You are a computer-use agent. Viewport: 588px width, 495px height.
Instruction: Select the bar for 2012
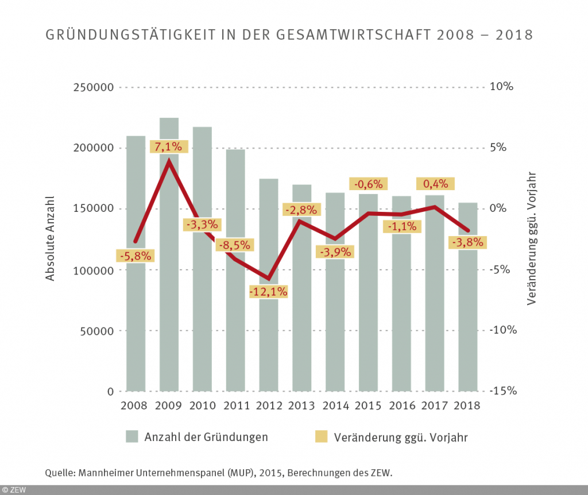pyautogui.click(x=269, y=345)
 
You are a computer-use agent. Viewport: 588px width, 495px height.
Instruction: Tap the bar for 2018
pyautogui.click(x=468, y=322)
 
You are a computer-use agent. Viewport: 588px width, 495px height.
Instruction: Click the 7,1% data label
pyautogui.click(x=169, y=147)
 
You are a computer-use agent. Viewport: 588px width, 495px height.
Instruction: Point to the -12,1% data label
pyautogui.click(x=269, y=291)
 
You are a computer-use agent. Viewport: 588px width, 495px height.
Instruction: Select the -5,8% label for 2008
pyautogui.click(x=136, y=256)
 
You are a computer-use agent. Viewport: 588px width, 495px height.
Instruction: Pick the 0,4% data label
pyautogui.click(x=435, y=184)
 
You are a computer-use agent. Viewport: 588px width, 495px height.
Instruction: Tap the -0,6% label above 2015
pyautogui.click(x=368, y=184)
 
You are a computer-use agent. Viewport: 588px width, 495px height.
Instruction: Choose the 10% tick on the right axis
pyautogui.click(x=502, y=87)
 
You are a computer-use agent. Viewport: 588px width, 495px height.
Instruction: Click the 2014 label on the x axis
pyautogui.click(x=335, y=405)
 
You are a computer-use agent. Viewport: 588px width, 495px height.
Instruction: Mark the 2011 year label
pyautogui.click(x=235, y=405)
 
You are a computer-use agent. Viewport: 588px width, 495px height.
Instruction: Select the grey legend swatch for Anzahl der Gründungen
pyautogui.click(x=132, y=437)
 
